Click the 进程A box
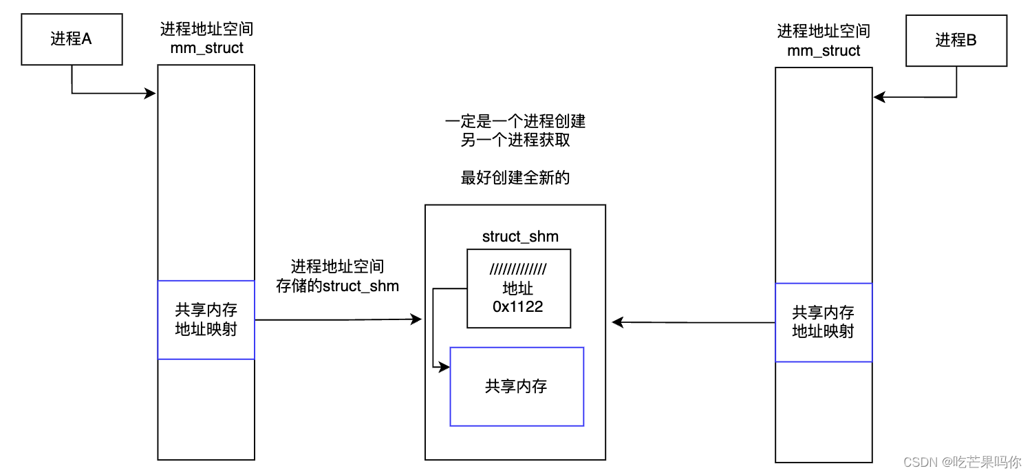(x=72, y=39)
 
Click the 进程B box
(x=956, y=41)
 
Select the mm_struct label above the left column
(x=206, y=48)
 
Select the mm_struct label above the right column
(x=824, y=50)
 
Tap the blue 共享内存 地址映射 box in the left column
(x=206, y=319)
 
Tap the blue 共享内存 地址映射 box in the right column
(x=823, y=322)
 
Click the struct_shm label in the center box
(x=520, y=237)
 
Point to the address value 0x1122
(x=518, y=307)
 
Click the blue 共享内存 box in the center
(x=516, y=386)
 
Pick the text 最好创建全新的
(x=515, y=178)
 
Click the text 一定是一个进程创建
(x=515, y=123)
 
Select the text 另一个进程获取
(x=515, y=140)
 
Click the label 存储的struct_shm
(x=337, y=286)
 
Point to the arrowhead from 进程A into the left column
(x=151, y=94)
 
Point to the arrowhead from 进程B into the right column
(x=879, y=98)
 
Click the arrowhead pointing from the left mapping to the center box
(x=416, y=319)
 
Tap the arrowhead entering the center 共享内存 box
(x=445, y=368)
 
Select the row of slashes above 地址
(x=518, y=269)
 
